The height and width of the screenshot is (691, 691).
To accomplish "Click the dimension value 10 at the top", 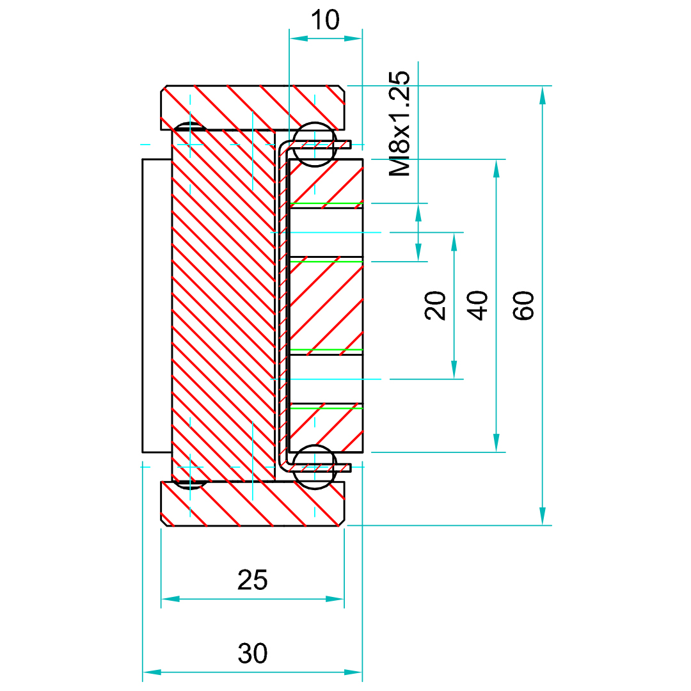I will coord(326,20).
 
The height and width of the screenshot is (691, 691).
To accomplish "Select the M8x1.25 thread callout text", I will coord(400,124).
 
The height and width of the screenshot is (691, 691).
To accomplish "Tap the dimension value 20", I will coord(436,305).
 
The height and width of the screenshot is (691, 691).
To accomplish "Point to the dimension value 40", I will coord(478,305).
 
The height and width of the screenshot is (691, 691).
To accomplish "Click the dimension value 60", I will coord(523,305).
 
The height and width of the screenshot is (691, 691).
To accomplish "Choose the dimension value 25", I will coord(253,580).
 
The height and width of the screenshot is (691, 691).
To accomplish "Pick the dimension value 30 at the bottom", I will coord(253,654).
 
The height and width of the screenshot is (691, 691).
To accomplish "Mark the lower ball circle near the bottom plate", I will coord(315,467).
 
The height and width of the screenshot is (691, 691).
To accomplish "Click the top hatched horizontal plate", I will coord(253,106).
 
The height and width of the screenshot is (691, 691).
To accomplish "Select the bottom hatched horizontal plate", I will coord(253,504).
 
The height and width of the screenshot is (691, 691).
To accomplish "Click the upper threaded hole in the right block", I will coord(326,232).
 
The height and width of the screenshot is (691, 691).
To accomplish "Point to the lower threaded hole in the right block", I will coord(326,379).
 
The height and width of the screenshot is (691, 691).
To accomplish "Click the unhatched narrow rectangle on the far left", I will coord(157,305).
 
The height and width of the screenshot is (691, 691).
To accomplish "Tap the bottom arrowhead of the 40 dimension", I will coord(496,443).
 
